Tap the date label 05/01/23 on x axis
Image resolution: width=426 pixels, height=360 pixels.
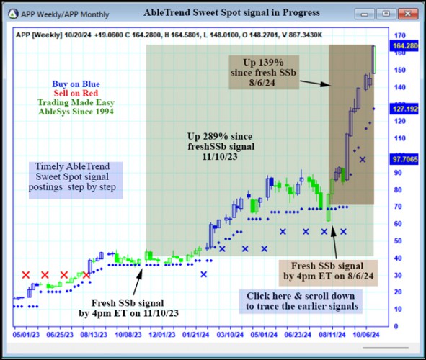coord(26,336)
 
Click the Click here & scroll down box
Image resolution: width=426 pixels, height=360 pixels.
coord(301,301)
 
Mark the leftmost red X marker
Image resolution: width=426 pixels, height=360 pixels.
coord(26,275)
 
